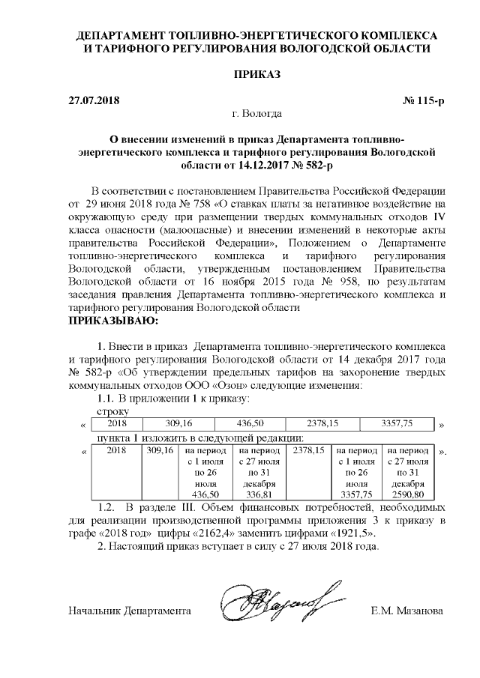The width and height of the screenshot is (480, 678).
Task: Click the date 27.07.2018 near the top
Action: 94,100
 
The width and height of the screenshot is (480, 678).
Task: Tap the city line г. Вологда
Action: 257,114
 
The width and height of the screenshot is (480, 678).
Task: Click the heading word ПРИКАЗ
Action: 257,76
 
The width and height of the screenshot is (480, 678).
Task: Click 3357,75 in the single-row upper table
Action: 397,424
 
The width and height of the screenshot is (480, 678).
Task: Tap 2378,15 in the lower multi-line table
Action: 308,452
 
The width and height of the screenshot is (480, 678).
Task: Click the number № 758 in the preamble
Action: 198,203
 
